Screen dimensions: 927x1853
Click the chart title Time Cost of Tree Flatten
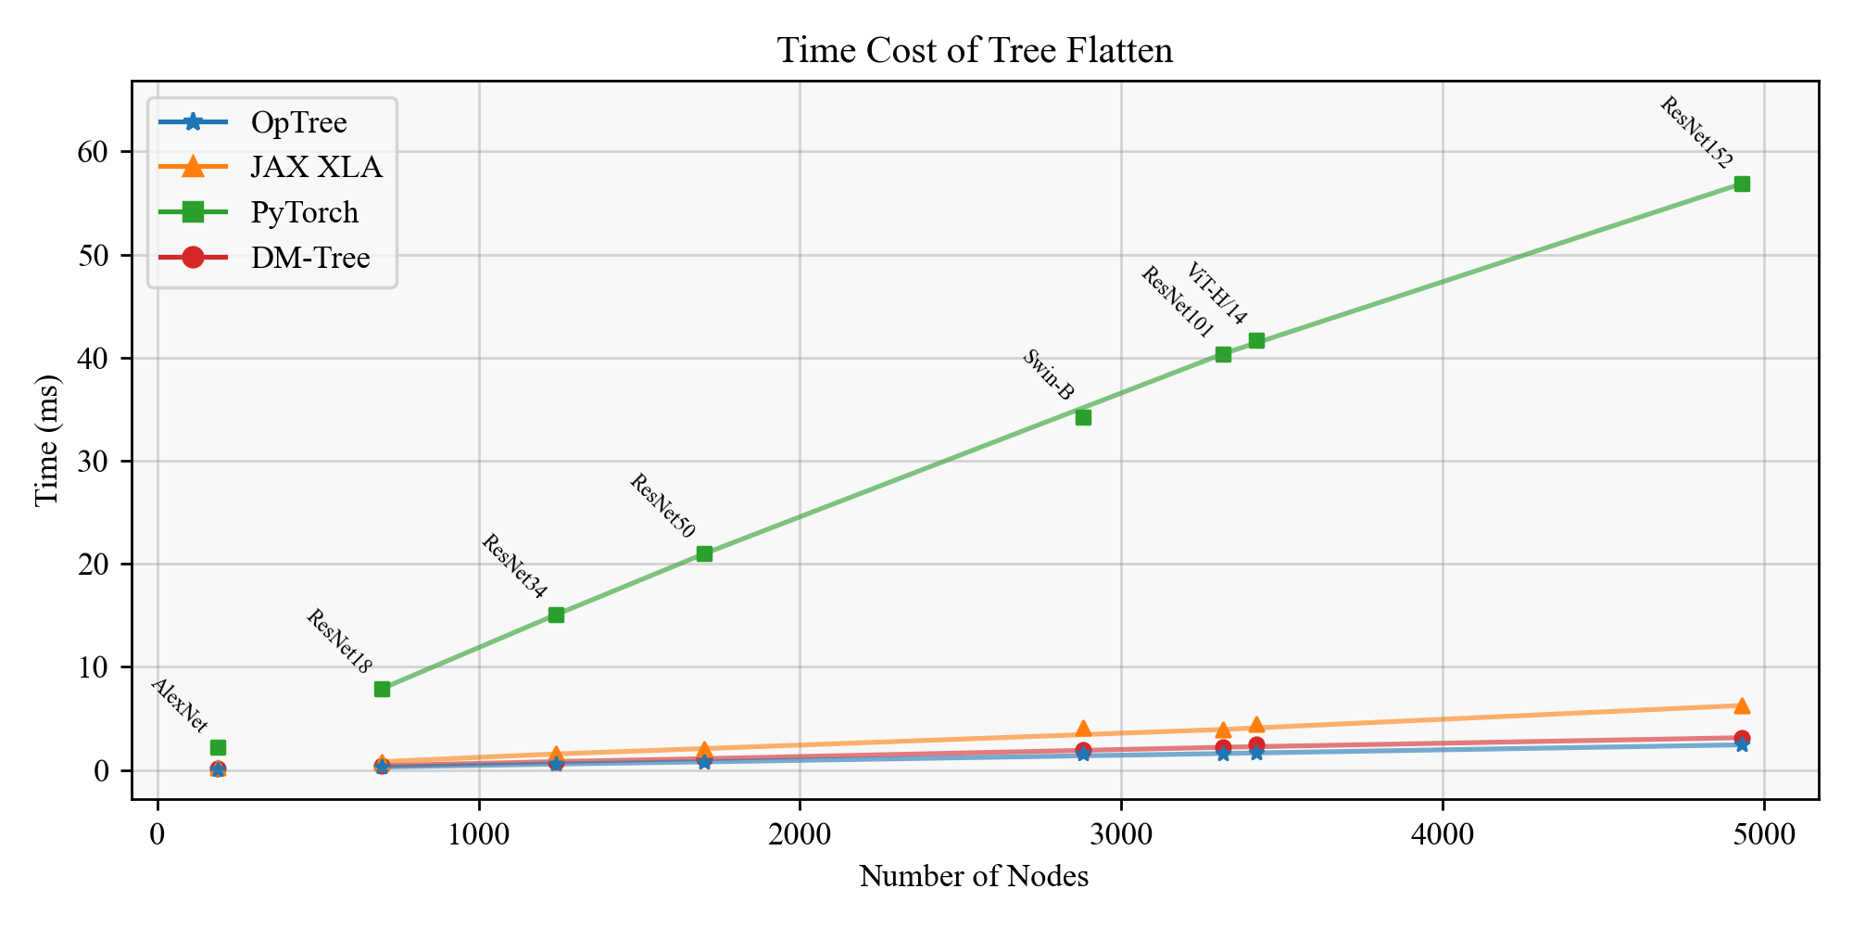pyautogui.click(x=975, y=50)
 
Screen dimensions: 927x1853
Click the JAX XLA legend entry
pyautogui.click(x=316, y=167)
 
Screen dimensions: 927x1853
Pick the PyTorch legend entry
pyautogui.click(x=304, y=212)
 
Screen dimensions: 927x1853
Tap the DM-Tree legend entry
pyautogui.click(x=310, y=257)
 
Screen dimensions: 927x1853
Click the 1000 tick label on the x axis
pyautogui.click(x=478, y=834)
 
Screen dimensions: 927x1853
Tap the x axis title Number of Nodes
pyautogui.click(x=974, y=877)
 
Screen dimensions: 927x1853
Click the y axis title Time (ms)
pyautogui.click(x=46, y=440)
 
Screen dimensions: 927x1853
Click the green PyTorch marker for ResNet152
pyautogui.click(x=1742, y=184)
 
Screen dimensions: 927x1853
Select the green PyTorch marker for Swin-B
pyautogui.click(x=1083, y=417)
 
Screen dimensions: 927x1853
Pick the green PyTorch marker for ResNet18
pyautogui.click(x=382, y=689)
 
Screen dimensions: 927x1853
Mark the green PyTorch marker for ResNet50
pyautogui.click(x=704, y=553)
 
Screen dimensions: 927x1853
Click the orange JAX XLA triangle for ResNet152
pyautogui.click(x=1742, y=705)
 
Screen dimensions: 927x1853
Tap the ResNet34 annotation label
pyautogui.click(x=514, y=566)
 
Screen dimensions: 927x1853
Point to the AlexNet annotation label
pyautogui.click(x=179, y=705)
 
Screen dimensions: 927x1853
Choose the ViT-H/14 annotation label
pyautogui.click(x=1216, y=293)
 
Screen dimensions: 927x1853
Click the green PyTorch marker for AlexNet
pyautogui.click(x=218, y=747)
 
